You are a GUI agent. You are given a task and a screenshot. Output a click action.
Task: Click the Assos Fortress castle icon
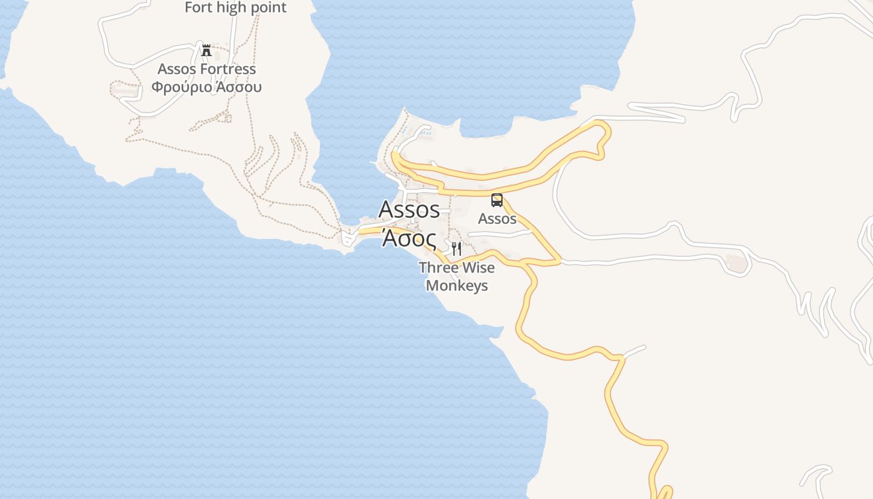206,50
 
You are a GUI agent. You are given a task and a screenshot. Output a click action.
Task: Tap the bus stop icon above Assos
497,200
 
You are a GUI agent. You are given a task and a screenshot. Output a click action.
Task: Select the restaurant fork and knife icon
456,249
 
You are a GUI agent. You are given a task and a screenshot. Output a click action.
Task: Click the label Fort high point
236,8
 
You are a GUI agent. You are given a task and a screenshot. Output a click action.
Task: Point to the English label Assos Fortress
206,69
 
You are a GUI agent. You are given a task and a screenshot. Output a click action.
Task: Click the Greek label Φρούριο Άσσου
206,87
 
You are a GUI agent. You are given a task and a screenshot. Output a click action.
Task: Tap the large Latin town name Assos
409,210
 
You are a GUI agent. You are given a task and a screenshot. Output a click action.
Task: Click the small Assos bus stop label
497,218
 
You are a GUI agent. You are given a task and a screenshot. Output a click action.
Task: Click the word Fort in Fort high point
199,8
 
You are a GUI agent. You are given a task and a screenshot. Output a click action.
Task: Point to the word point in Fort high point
266,8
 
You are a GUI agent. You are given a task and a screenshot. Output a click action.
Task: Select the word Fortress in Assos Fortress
228,69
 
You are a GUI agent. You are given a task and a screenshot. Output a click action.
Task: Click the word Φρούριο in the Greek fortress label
181,87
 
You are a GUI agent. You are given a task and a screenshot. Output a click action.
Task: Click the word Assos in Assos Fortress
176,69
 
